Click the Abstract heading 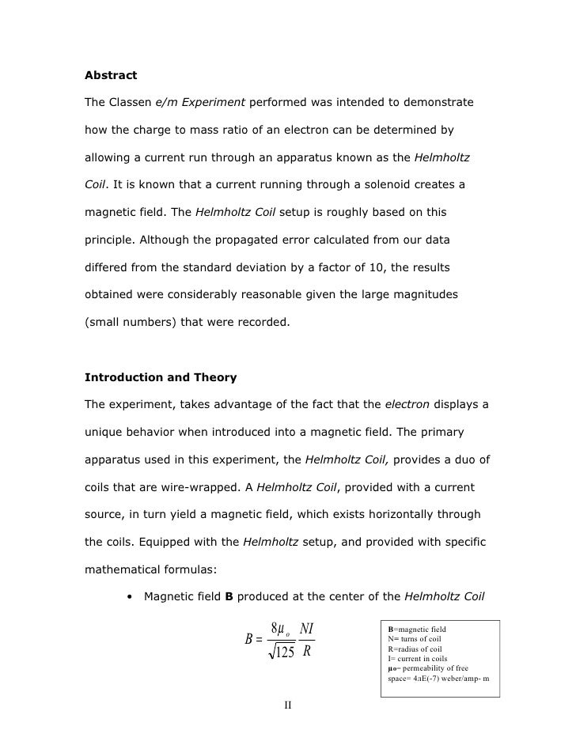[x=111, y=76]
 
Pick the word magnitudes [x=438, y=293]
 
